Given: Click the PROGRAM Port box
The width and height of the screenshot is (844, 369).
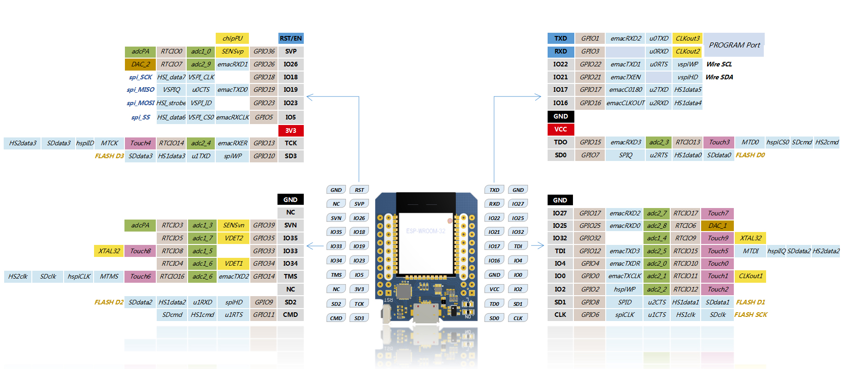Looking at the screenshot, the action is tap(734, 45).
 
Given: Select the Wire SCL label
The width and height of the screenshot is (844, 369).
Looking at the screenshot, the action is tap(719, 64).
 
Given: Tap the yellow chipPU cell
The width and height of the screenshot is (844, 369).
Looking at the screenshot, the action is tap(232, 38).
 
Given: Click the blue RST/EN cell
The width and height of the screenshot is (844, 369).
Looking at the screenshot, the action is tap(291, 38).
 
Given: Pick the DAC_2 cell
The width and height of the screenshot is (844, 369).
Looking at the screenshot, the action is tap(140, 64).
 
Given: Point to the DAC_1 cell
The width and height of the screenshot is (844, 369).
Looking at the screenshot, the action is tap(717, 226).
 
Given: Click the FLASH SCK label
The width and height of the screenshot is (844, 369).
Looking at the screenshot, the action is tap(751, 315).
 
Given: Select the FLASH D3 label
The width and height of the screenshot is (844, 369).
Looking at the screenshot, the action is tap(109, 156).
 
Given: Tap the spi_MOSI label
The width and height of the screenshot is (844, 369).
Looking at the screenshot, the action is tap(141, 103).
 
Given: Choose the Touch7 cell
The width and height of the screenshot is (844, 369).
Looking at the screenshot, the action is tap(718, 213).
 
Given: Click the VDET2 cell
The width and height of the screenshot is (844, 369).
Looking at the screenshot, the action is tap(234, 238).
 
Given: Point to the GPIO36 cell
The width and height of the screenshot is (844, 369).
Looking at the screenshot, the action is tap(264, 51).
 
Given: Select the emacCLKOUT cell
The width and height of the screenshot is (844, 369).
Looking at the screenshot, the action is tap(626, 103).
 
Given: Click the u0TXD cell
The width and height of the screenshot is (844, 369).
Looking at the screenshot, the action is tap(659, 38).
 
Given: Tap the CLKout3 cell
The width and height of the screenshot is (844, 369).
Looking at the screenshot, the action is tap(688, 38).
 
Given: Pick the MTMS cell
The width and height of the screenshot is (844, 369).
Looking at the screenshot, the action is tap(109, 276).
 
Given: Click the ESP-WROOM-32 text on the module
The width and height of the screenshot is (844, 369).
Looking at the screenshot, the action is tap(425, 231).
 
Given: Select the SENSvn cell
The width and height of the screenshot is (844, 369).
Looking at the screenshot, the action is tap(234, 225).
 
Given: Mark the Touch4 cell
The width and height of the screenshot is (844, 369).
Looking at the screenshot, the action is tap(140, 143).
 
